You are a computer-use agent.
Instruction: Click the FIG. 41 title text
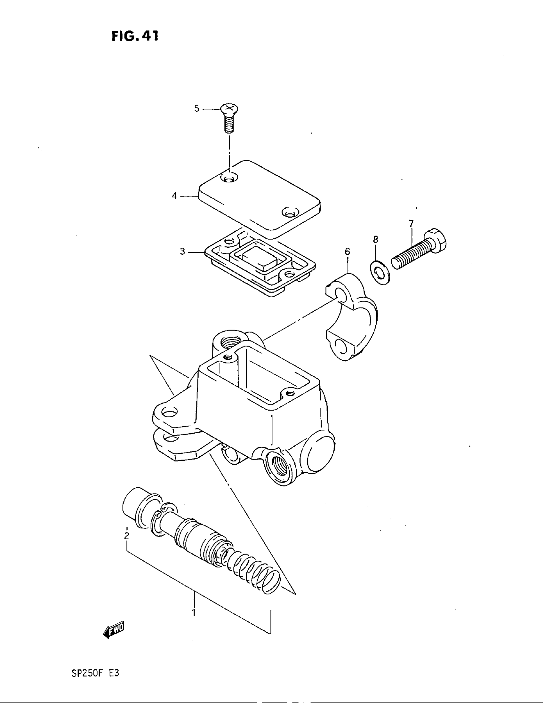[x=135, y=36]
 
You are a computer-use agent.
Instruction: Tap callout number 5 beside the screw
[x=197, y=108]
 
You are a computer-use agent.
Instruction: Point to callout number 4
[x=174, y=196]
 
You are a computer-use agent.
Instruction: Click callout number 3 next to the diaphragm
[x=182, y=252]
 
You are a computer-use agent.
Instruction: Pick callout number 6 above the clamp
[x=347, y=252]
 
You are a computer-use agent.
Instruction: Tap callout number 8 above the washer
[x=375, y=239]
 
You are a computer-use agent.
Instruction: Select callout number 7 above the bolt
[x=411, y=223]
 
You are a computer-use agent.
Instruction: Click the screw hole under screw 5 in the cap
[x=229, y=177]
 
